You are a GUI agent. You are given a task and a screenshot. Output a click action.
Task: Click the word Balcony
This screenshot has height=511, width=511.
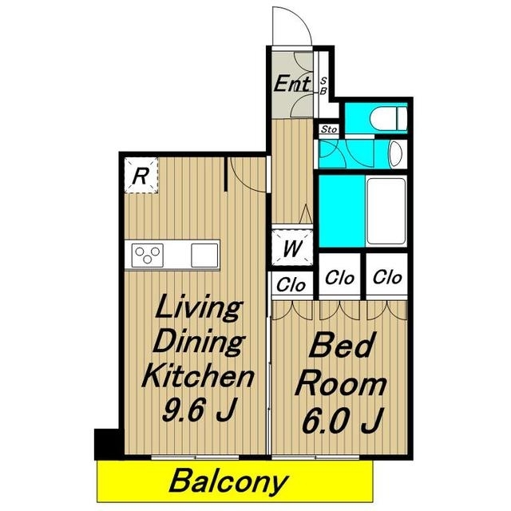pos(228,481)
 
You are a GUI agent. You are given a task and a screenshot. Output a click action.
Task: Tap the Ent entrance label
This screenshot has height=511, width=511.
pos(291,83)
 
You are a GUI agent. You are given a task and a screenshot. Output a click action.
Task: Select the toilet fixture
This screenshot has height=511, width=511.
pos(389,118)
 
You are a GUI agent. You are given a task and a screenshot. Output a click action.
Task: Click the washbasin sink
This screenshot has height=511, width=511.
pos(396,154)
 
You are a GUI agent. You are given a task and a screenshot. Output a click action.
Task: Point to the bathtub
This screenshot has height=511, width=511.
pos(386,211)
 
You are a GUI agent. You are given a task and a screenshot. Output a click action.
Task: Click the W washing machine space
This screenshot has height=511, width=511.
pos(292,248)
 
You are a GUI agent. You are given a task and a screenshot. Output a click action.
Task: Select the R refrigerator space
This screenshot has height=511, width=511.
pos(141,176)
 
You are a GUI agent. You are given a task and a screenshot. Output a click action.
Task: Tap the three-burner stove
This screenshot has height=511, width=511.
pos(147,255)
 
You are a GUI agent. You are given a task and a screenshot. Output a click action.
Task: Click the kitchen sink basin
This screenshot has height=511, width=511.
pos(204,255)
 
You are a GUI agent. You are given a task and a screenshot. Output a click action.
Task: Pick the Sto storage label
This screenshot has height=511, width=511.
pos(328,129)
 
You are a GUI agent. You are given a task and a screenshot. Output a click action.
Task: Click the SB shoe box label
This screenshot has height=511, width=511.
pos(323,85)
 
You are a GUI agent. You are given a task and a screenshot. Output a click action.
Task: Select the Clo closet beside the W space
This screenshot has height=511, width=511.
pos(291,284)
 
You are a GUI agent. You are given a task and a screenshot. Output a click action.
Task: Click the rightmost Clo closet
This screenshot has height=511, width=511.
pos(387,276)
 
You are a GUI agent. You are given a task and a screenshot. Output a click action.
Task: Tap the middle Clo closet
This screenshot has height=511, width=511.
pos(339,276)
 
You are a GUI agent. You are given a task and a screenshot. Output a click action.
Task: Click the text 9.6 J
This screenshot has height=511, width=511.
pos(199,410)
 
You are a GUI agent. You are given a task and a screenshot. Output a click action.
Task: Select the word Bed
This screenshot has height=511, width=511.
pos(341,345)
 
